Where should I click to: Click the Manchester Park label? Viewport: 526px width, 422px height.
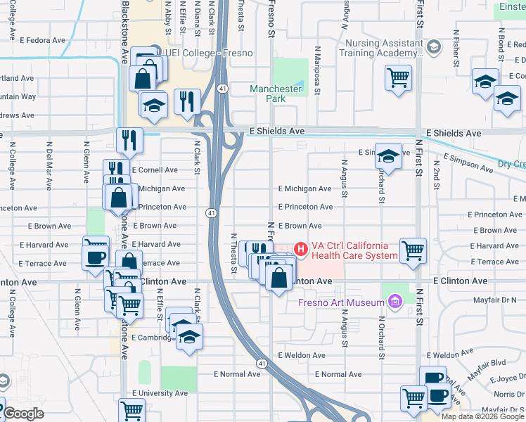(x=276, y=94)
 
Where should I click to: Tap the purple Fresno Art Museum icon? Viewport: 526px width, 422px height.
(x=394, y=303)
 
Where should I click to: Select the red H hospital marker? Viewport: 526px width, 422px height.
(x=300, y=249)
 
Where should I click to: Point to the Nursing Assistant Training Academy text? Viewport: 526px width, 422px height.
(x=383, y=48)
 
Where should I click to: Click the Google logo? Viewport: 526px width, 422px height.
(x=23, y=414)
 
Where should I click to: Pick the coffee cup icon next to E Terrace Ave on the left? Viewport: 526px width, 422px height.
(x=96, y=257)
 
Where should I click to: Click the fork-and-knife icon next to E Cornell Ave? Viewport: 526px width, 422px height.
(x=116, y=170)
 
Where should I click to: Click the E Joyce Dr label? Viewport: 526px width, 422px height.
(x=507, y=378)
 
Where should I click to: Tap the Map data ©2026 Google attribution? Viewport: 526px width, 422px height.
(x=482, y=416)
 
